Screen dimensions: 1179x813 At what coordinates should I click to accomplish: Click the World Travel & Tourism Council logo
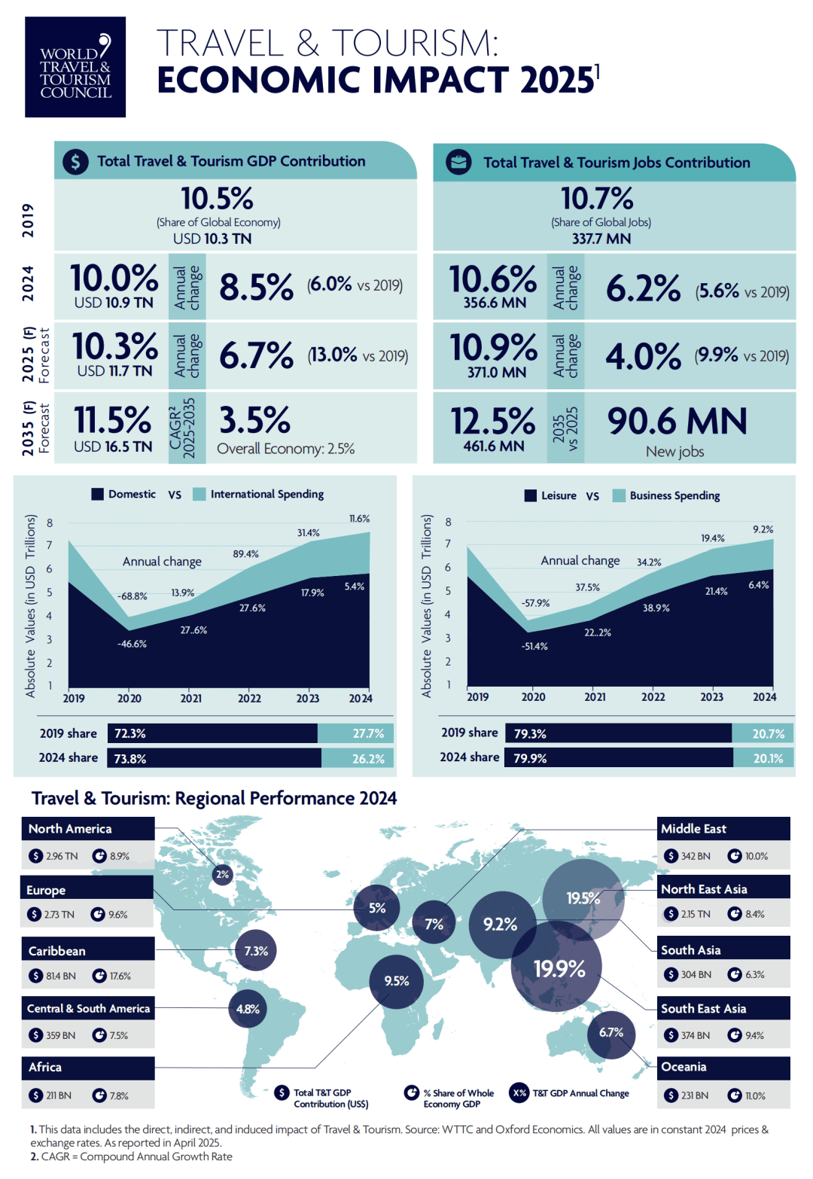(75, 67)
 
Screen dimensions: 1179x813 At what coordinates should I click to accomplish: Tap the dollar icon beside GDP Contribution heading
(75, 161)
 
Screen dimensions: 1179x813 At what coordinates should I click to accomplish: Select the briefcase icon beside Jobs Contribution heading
(458, 162)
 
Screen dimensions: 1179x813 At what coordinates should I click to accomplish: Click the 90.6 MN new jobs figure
(677, 422)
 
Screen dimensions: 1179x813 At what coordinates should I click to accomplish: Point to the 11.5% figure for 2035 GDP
(112, 420)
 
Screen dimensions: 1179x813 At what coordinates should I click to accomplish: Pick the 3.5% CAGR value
(254, 420)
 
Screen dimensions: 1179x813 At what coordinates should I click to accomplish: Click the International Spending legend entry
(266, 495)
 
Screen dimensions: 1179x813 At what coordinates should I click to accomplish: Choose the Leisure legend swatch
(531, 495)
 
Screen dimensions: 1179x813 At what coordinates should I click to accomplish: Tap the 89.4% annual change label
(245, 554)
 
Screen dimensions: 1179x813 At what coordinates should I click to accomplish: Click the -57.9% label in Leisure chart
(535, 603)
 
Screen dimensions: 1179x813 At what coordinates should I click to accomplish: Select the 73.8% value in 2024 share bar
(130, 759)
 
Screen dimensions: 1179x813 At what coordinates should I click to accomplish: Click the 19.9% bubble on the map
(559, 969)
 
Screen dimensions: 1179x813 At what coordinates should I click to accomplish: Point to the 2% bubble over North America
(222, 874)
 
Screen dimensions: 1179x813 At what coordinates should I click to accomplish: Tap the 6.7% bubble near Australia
(611, 1033)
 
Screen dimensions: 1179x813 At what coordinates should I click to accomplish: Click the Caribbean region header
(57, 951)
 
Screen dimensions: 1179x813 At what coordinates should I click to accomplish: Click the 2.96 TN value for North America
(62, 856)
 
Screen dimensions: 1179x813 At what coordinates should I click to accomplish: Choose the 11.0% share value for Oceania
(755, 1095)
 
